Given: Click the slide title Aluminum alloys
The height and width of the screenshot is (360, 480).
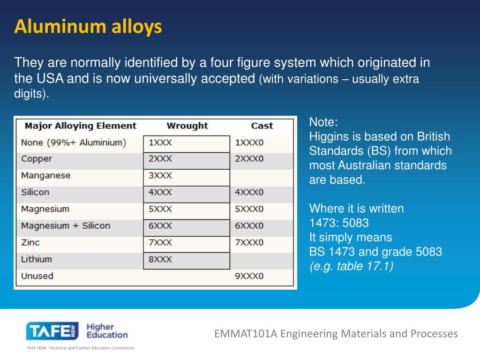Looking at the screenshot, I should click(88, 27).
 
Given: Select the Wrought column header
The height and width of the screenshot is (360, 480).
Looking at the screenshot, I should click(187, 126).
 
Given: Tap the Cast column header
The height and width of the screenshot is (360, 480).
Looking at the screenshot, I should click(262, 126).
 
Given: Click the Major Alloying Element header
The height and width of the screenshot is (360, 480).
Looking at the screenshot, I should click(80, 126).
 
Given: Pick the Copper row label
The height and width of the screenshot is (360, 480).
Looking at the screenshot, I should click(37, 159).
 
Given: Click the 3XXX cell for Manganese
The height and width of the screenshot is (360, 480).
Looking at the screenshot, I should click(160, 176).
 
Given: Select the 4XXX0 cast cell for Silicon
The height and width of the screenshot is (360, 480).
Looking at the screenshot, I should click(249, 192).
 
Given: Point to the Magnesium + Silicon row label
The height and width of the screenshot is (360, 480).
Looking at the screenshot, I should click(66, 226).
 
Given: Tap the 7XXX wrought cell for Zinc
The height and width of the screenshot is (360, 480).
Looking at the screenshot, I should click(160, 242).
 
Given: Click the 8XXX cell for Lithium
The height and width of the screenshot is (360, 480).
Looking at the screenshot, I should click(160, 259).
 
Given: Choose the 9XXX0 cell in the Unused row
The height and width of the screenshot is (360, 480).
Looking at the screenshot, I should click(249, 276).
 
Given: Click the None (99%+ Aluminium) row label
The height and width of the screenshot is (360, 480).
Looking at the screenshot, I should click(74, 142).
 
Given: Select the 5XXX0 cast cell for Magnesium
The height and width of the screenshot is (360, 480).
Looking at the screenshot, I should click(249, 209).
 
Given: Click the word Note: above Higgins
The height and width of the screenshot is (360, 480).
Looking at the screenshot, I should click(323, 123).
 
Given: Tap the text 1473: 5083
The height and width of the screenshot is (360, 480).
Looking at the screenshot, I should click(339, 223).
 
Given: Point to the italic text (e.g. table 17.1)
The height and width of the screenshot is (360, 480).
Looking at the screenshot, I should click(351, 266).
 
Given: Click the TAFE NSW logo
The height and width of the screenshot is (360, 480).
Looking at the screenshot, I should click(52, 331).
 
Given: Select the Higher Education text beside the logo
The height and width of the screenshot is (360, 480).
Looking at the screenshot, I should click(107, 331).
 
